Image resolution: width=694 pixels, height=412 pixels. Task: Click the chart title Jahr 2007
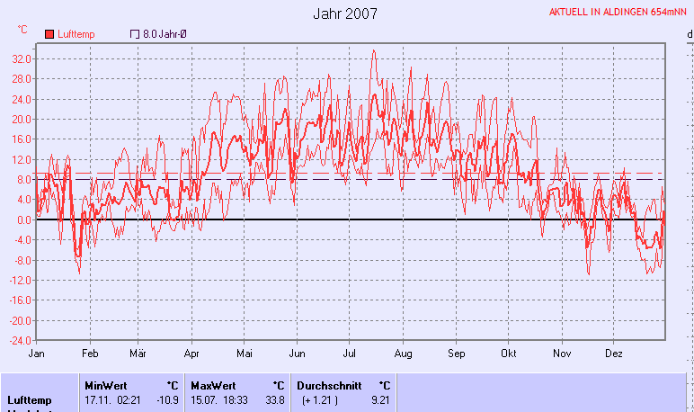click(345, 13)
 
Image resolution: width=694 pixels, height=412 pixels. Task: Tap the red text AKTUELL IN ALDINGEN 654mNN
click(619, 13)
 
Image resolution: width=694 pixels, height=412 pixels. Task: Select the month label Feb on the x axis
click(89, 354)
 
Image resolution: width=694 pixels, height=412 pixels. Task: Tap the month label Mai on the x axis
click(245, 354)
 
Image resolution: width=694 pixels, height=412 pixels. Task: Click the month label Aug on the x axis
click(403, 354)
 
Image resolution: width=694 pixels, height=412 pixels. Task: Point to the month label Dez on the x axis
click(614, 354)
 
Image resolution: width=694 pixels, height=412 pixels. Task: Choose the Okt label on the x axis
click(510, 354)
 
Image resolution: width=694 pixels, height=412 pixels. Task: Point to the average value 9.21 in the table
click(379, 399)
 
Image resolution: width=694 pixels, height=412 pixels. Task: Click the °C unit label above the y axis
click(22, 30)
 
